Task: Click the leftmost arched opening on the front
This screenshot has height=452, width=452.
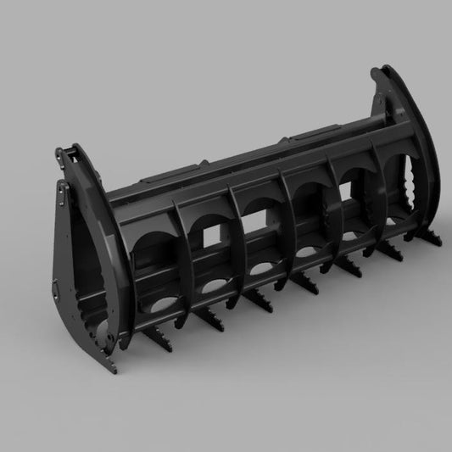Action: tap(154, 246)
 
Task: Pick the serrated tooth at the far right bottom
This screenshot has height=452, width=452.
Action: tap(395, 252)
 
